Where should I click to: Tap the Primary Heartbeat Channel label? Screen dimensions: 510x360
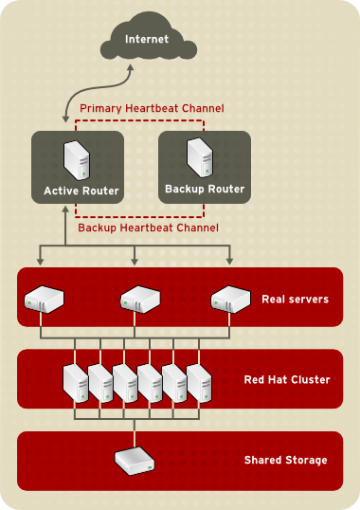point(152,109)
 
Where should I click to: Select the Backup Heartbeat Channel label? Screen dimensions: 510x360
point(148,228)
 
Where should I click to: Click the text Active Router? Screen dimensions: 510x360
point(81,191)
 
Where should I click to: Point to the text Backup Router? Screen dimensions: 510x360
point(205,189)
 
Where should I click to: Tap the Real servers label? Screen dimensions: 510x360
point(295,300)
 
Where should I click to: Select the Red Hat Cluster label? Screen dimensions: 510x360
point(287,380)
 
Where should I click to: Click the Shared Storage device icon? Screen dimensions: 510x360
point(134,462)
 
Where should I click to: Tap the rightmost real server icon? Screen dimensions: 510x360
point(229,300)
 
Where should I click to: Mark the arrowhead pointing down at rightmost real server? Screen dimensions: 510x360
point(230,262)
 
